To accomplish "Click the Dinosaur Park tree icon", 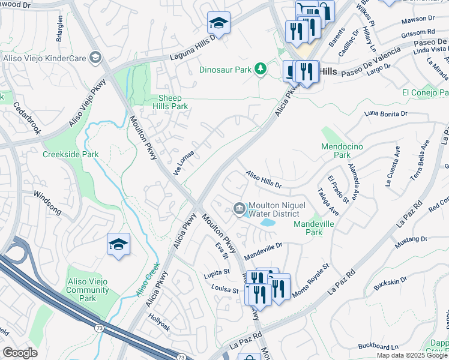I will click(x=260, y=70).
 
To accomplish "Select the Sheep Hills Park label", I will click(x=173, y=102).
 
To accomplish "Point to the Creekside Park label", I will click(x=71, y=154).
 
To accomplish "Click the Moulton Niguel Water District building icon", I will click(x=239, y=208).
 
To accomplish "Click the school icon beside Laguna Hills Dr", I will click(x=218, y=23).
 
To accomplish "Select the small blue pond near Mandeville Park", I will click(x=266, y=223).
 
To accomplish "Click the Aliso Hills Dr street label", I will click(x=264, y=178).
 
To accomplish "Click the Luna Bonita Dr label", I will click(x=385, y=113).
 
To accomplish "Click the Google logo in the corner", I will click(x=20, y=352).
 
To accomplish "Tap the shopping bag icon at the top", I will click(x=325, y=10).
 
